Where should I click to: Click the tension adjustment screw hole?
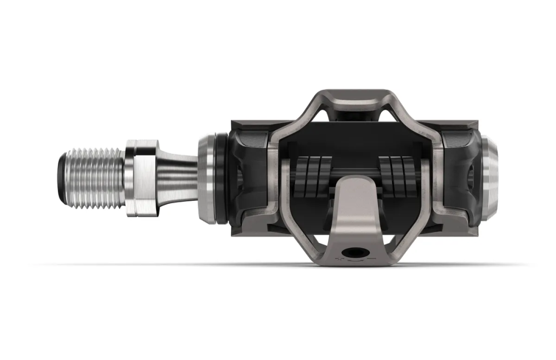(352, 253)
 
